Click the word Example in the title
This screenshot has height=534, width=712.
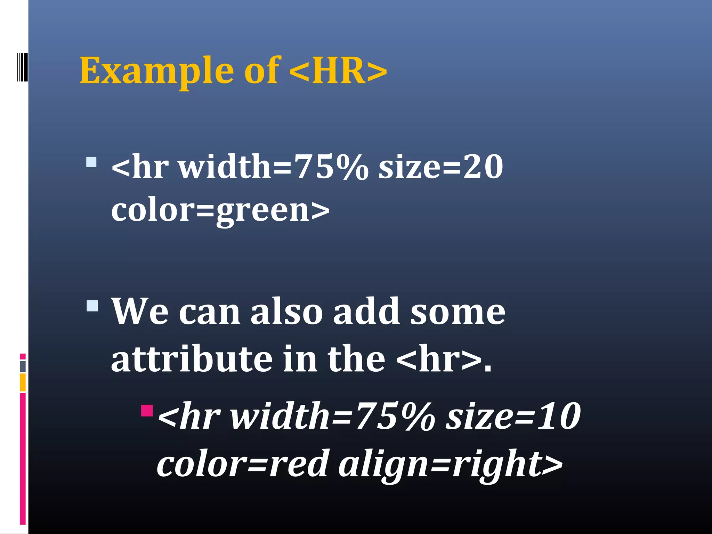click(156, 71)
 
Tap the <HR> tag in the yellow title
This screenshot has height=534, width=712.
click(338, 71)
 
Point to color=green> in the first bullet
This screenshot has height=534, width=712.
click(220, 211)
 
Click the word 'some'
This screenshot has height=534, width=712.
click(458, 312)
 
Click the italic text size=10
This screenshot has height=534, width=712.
click(513, 416)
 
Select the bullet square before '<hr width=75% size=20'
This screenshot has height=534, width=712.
click(91, 162)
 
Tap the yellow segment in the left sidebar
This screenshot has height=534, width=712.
click(23, 382)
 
